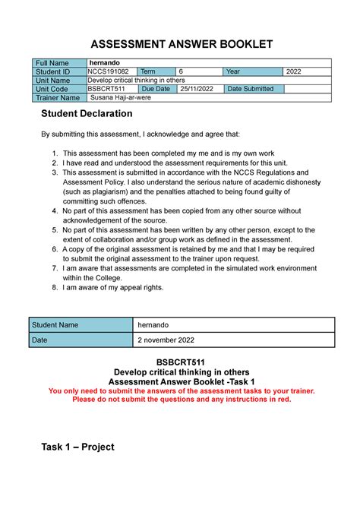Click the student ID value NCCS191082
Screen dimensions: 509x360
click(x=107, y=72)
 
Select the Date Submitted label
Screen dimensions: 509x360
click(x=252, y=89)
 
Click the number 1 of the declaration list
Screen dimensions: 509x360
click(x=54, y=153)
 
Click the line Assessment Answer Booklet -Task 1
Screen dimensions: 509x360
click(x=180, y=381)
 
